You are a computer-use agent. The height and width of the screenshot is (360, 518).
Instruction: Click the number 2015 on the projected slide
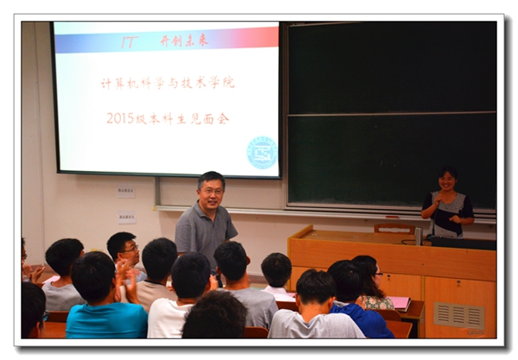click(120, 118)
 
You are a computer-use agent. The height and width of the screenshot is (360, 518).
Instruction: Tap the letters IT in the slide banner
click(129, 41)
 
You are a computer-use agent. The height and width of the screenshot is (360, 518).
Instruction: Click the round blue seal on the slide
click(261, 153)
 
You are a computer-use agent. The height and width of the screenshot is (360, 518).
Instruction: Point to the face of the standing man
click(210, 191)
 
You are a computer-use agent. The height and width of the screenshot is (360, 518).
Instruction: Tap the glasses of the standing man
click(210, 189)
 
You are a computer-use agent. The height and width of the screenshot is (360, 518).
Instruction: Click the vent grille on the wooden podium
click(458, 315)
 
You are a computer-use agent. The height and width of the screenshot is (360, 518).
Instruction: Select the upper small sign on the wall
click(126, 192)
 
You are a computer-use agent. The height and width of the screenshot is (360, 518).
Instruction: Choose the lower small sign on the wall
click(126, 218)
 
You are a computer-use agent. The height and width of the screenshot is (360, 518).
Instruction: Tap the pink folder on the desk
click(400, 302)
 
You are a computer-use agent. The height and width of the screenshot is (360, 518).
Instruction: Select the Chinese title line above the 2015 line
click(167, 83)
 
